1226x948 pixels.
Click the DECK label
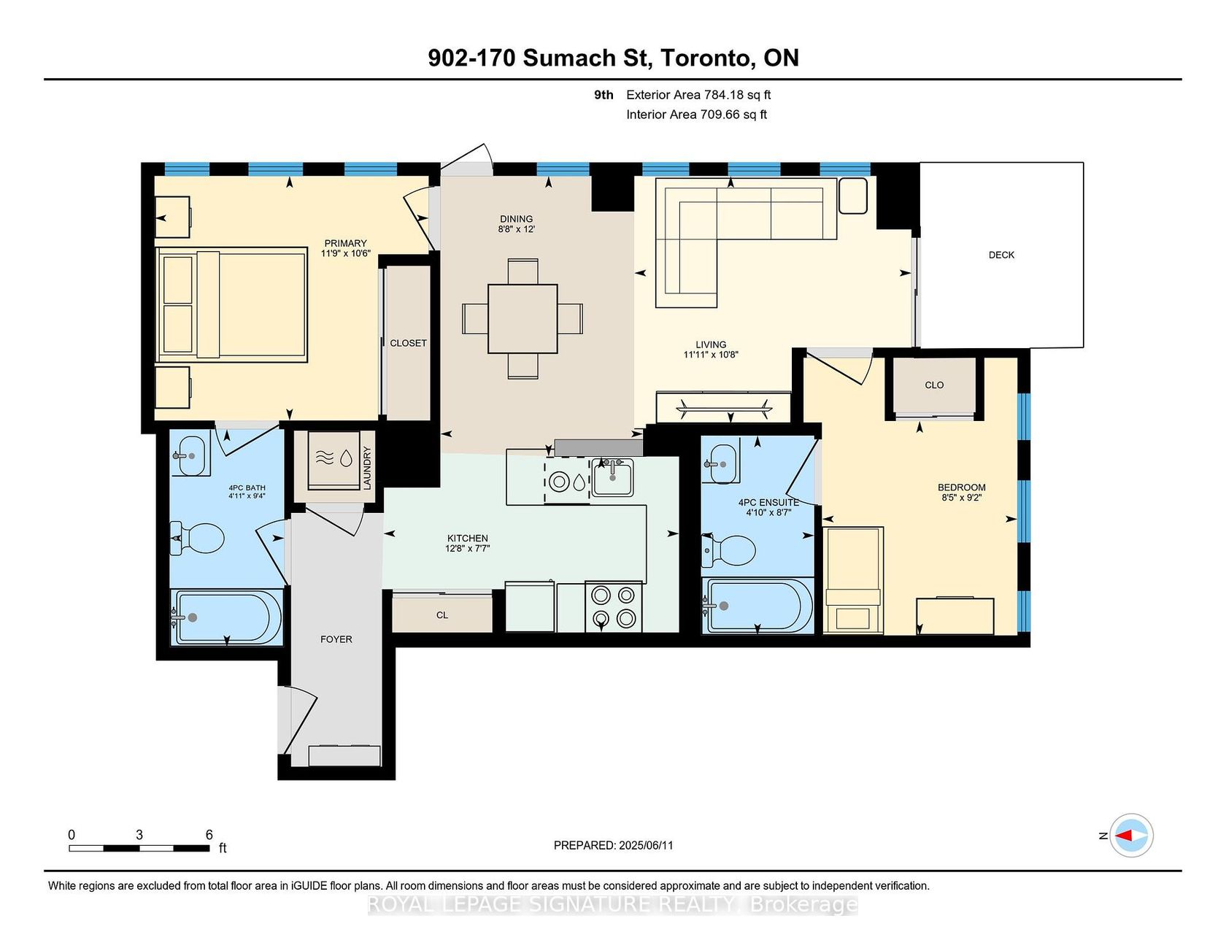(1001, 255)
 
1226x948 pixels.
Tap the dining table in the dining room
(523, 319)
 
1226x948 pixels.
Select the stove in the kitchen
(614, 606)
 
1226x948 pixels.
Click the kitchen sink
(612, 477)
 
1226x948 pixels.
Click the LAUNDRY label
(367, 468)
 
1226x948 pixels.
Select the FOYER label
(336, 639)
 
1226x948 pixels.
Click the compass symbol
(1131, 835)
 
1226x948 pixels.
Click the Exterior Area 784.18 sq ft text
(698, 95)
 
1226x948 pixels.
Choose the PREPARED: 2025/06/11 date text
(614, 845)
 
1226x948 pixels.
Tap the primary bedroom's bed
(231, 304)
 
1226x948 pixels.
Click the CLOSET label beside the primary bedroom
(408, 343)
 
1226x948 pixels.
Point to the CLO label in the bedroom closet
(934, 385)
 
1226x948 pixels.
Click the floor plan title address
(613, 58)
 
